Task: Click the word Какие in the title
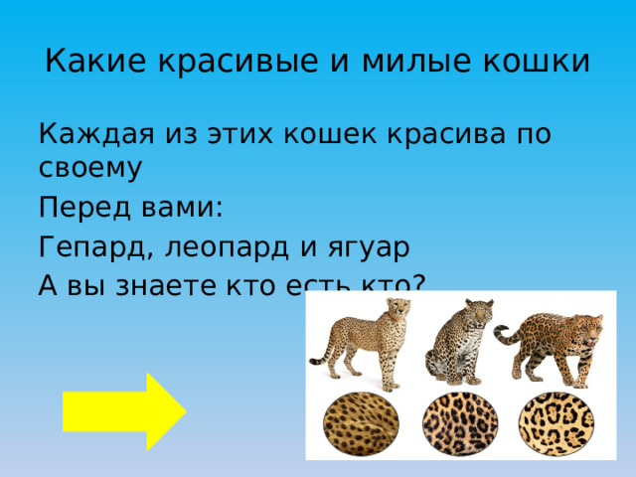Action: pos(83,62)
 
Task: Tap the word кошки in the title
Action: pos(538,62)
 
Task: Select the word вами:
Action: pos(181,210)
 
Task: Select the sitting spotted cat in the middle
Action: pos(458,338)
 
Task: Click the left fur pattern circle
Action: pos(362,423)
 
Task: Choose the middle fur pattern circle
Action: pos(458,423)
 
